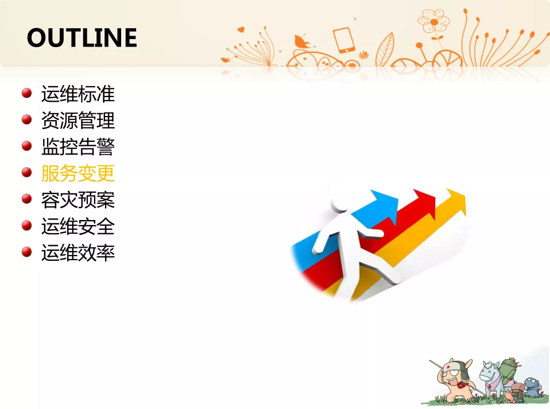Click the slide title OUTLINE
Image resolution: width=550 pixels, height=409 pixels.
82,37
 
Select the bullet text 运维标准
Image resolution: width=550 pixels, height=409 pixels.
78,94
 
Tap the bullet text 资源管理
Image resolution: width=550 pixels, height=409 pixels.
78,121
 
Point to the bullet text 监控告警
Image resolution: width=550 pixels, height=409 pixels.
78,146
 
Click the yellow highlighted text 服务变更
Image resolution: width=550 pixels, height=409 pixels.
78,173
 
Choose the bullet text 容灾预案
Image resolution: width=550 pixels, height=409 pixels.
78,200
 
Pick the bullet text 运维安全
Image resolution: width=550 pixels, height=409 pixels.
78,226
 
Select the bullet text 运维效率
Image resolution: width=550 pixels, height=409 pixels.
78,253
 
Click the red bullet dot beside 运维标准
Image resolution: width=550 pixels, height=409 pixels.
26,93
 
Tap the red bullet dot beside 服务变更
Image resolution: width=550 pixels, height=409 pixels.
26,172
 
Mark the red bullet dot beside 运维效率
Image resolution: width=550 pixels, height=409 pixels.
26,252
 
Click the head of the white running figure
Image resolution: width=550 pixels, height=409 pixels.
339,203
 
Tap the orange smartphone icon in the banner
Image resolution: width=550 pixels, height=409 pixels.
344,40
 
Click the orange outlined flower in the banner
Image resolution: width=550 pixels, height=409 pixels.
433,22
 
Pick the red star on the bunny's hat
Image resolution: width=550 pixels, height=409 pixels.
448,367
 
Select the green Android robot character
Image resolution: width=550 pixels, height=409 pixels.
509,371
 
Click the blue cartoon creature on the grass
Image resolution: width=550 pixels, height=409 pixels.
533,387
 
